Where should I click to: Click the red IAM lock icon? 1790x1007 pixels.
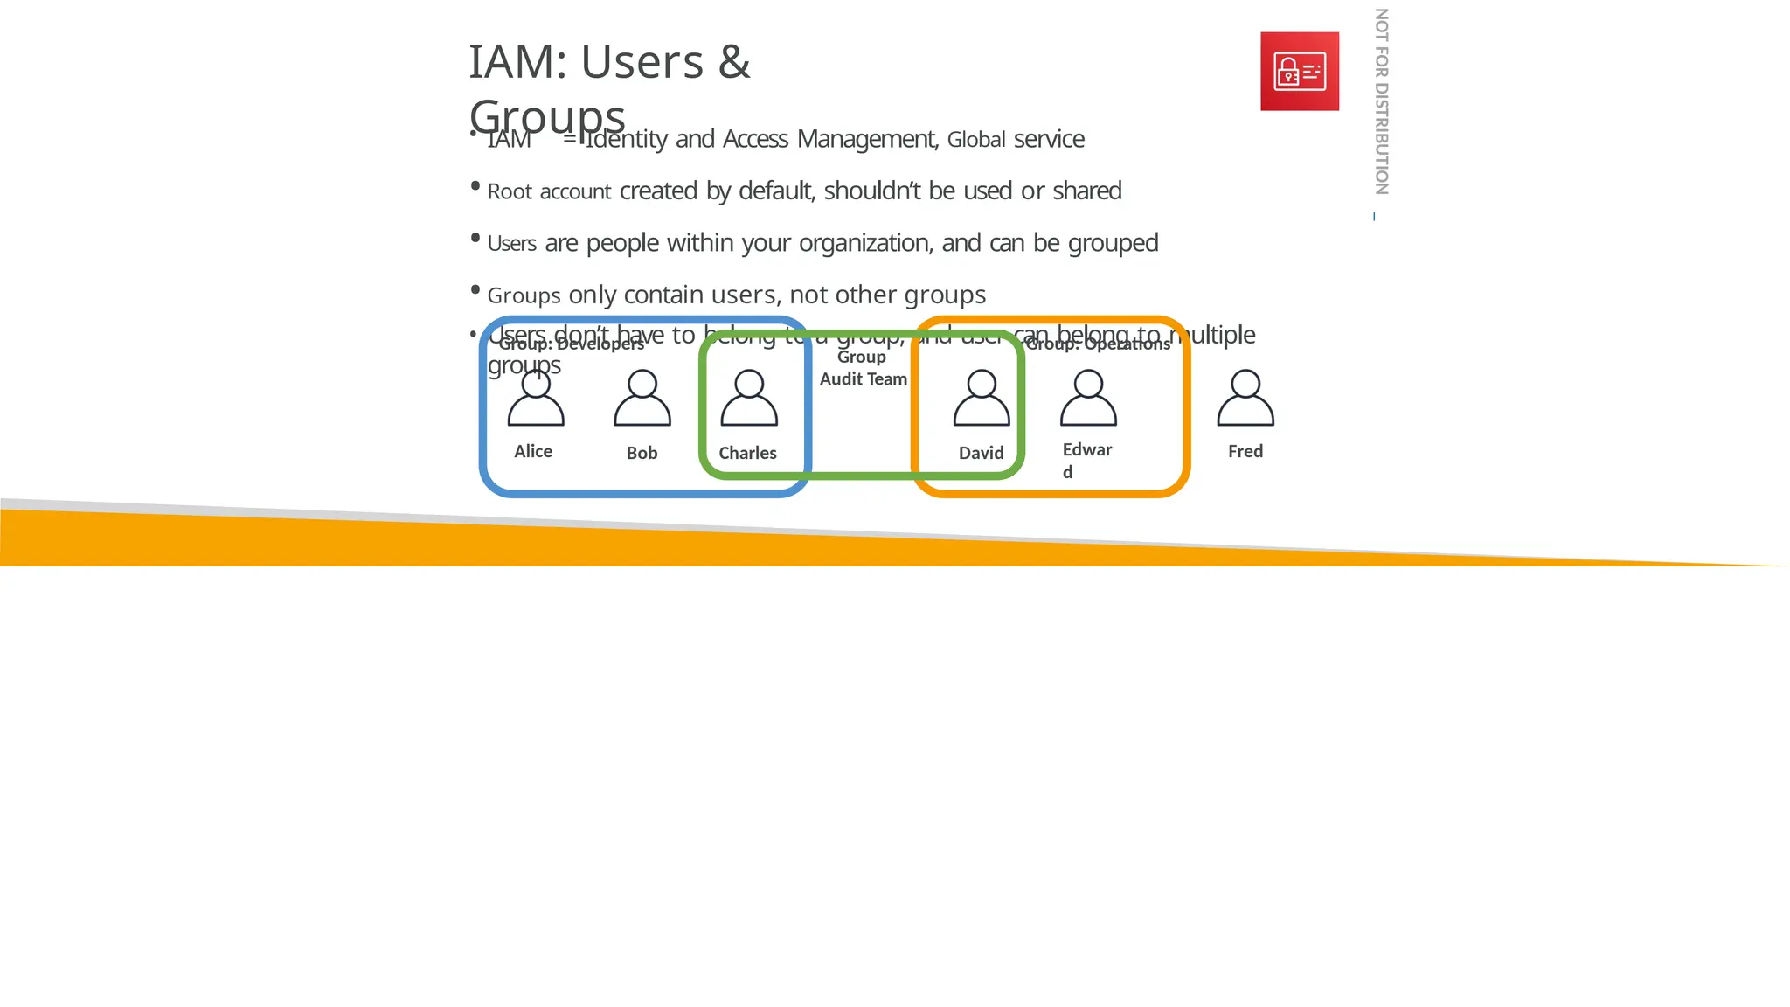coord(1299,72)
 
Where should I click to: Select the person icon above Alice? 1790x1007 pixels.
coord(536,398)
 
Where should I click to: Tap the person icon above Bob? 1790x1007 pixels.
coord(642,398)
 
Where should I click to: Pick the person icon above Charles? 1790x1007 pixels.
coord(749,398)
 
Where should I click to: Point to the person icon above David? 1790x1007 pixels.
coord(982,398)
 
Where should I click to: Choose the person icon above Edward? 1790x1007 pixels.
coord(1088,398)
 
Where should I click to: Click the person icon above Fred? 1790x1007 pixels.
coord(1245,398)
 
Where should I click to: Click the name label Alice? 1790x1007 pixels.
coord(533,451)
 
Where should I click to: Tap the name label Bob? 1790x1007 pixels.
coord(642,453)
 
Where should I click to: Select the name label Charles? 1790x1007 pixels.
coord(747,453)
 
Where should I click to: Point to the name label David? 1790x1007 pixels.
coord(981,453)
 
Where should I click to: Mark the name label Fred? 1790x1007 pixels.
coord(1245,451)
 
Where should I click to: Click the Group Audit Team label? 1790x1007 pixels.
coord(863,368)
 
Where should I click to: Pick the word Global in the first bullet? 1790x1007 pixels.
coord(976,140)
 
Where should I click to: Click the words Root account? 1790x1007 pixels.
coord(549,191)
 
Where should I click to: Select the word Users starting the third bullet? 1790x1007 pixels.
coord(512,243)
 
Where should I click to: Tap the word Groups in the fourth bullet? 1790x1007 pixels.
coord(524,295)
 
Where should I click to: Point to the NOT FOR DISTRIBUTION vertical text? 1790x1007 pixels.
coord(1381,101)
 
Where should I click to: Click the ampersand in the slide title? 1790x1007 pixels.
coord(734,62)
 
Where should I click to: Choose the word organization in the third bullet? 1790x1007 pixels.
coord(864,243)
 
